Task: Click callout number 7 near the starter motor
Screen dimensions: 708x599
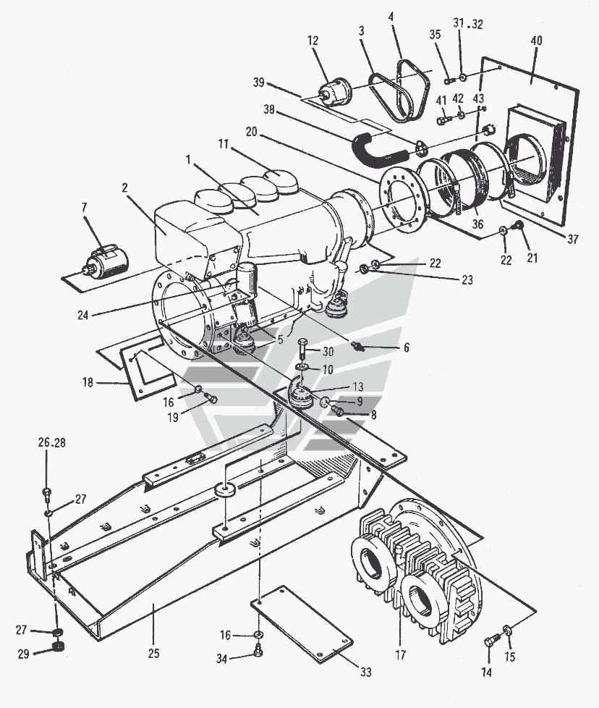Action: click(85, 207)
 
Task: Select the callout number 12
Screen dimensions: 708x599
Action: click(313, 41)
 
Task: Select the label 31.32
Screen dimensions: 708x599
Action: click(468, 24)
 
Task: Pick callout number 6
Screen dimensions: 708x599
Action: click(406, 348)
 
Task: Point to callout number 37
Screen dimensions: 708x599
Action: click(572, 239)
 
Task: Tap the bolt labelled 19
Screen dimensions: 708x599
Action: click(211, 399)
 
